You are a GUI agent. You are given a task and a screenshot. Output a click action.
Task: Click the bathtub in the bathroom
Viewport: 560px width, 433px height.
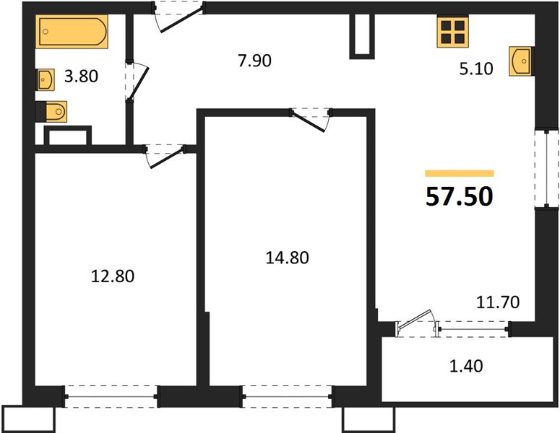72,31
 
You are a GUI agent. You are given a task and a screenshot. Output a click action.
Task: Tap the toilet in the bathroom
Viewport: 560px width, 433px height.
51,112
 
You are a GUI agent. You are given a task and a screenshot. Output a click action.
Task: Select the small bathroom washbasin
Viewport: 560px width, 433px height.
45,79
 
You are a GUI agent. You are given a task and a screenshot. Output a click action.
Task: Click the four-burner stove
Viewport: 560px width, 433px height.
452,32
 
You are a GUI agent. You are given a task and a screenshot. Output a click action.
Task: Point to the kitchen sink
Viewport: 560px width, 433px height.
522,61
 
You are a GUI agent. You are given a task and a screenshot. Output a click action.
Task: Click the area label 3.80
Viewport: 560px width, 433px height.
81,76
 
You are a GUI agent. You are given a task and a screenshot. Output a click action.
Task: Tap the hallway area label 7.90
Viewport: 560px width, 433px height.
254,61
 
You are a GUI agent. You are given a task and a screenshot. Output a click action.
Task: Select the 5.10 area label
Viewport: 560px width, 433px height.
476,69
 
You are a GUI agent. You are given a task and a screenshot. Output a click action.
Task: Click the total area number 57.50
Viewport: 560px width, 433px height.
460,196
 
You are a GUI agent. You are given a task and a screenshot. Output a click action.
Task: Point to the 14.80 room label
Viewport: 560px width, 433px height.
287,258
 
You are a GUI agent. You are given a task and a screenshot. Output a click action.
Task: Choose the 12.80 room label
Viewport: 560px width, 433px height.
113,276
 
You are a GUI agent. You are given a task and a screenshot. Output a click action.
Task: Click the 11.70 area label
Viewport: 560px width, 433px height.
498,302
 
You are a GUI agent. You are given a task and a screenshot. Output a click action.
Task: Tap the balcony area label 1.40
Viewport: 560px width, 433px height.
466,366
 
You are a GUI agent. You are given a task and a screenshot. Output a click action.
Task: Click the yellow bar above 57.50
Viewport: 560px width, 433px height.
460,173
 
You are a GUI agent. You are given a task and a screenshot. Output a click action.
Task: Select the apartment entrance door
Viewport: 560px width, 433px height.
178,16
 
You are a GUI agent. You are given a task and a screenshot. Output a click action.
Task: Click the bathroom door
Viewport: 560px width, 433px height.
137,82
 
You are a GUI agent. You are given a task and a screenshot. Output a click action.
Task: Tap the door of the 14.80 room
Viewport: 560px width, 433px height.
311,120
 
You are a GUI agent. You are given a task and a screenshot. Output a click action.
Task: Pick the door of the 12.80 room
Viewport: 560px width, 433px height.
165,156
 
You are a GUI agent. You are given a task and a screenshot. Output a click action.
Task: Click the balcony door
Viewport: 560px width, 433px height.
417,323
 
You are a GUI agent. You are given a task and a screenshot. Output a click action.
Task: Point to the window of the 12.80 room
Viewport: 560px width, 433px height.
111,396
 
